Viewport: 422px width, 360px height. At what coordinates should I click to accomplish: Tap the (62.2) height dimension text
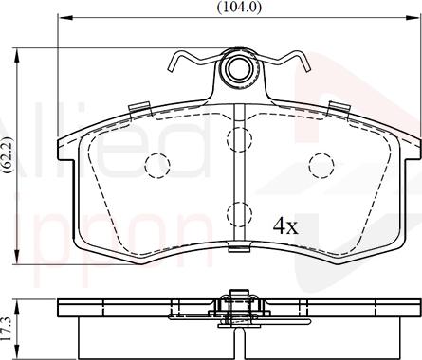[9, 152]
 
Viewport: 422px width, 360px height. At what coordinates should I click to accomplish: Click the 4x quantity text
[285, 226]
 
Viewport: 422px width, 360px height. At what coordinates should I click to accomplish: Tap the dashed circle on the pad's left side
[156, 167]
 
